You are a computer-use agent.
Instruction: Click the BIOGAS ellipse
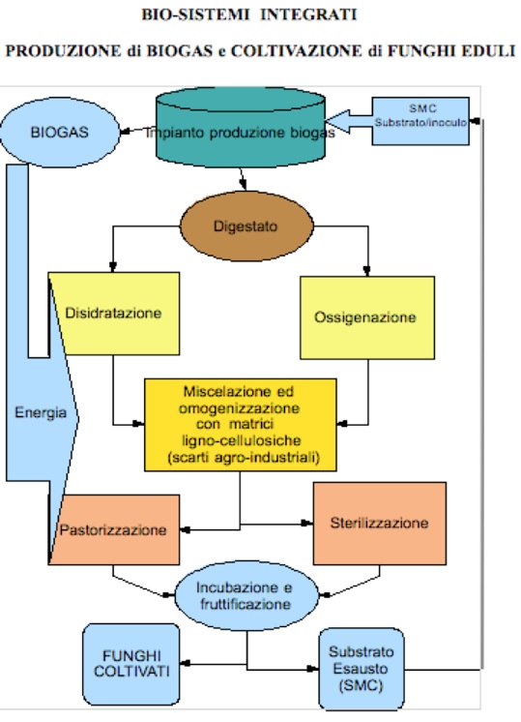[60, 133]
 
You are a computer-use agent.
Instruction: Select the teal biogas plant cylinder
[241, 127]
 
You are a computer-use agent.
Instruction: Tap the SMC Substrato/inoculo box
[420, 121]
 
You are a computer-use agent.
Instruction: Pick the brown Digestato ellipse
[246, 226]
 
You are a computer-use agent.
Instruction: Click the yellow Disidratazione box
[114, 314]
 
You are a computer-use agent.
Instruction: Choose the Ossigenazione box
[367, 317]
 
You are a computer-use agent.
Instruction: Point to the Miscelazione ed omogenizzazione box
[241, 425]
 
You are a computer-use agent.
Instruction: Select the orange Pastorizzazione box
[114, 529]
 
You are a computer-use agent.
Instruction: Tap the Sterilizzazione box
[379, 523]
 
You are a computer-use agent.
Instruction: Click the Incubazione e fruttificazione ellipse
[246, 595]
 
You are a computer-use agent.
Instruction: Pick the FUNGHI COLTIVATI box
[131, 664]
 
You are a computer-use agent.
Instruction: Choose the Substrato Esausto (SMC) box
[362, 669]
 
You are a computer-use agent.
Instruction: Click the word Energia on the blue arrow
[41, 412]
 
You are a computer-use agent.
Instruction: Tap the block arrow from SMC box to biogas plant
[349, 122]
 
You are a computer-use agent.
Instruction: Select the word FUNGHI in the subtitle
[423, 50]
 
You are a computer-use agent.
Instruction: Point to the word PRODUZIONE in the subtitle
[63, 50]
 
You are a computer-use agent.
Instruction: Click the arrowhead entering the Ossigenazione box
[366, 271]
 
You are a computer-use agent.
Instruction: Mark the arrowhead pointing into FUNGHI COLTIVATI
[185, 664]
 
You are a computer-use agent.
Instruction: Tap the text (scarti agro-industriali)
[244, 458]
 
